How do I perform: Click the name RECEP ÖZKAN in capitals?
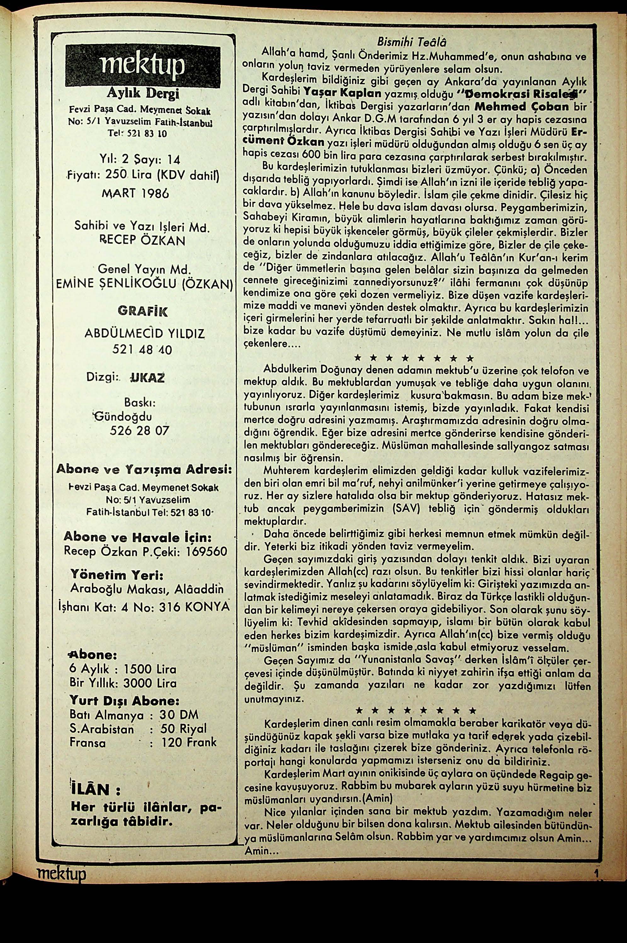coord(142,241)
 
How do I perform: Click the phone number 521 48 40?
coord(142,350)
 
